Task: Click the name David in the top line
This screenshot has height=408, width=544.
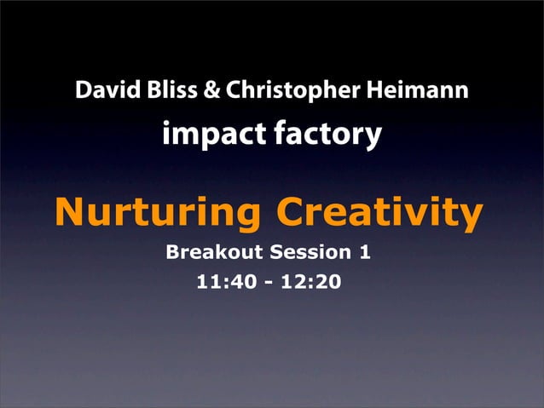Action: (x=101, y=90)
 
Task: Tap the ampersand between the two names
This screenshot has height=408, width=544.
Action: (x=209, y=90)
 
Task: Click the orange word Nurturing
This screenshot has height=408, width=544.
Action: (x=159, y=212)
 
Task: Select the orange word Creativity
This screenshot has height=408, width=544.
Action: (x=380, y=212)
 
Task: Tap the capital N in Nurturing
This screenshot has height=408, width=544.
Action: (x=69, y=212)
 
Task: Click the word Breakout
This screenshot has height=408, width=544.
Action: (x=213, y=253)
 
